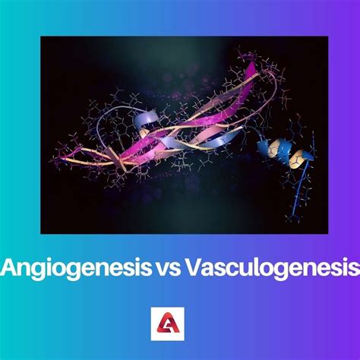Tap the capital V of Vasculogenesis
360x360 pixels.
click(196, 267)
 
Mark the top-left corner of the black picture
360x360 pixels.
click(42, 37)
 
